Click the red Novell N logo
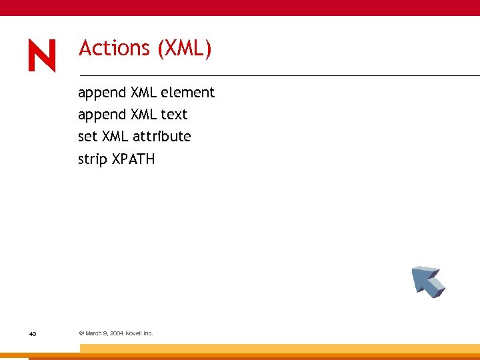click(x=42, y=55)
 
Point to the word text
click(x=174, y=115)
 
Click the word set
click(x=87, y=137)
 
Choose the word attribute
click(x=161, y=137)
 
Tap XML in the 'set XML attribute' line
click(x=116, y=137)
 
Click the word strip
click(x=92, y=159)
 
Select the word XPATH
click(x=133, y=159)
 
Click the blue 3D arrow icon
click(x=427, y=281)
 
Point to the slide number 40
click(x=33, y=333)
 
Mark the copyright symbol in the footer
click(x=81, y=333)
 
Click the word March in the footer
click(x=94, y=333)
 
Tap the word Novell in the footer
click(x=136, y=333)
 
